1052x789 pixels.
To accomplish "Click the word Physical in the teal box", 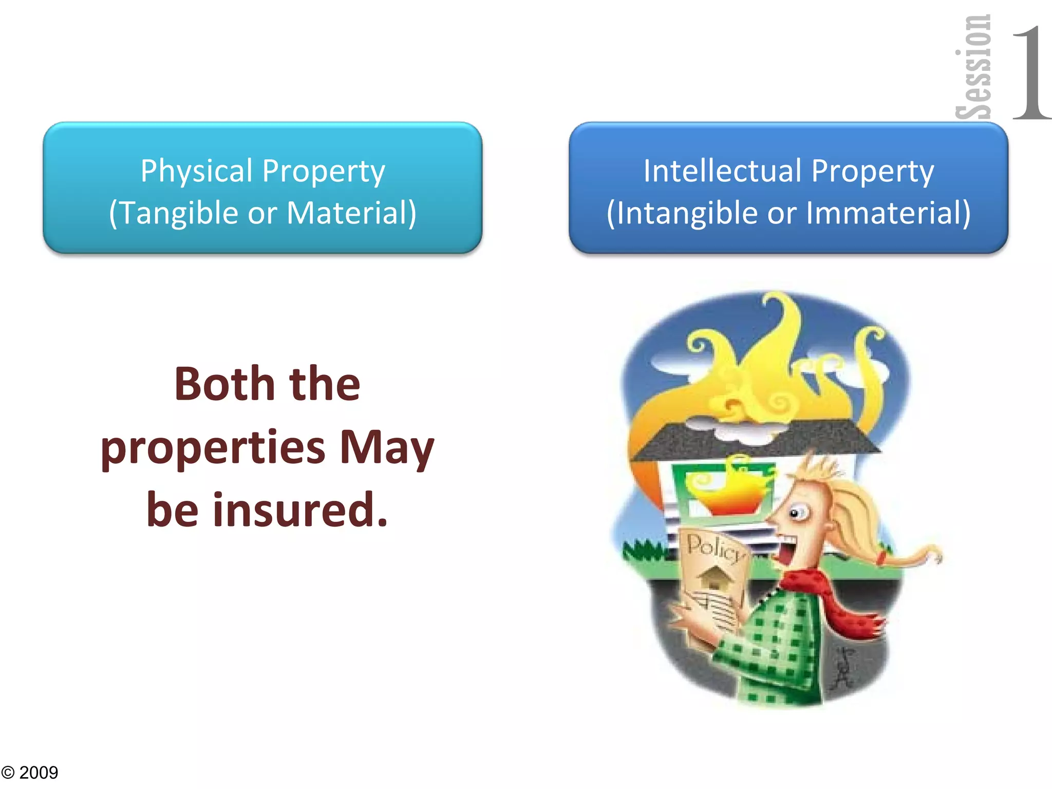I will coord(197,171).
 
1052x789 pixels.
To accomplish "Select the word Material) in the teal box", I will coord(351,213).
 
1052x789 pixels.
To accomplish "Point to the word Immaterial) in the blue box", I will coord(888,213).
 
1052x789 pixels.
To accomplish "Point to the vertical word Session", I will coord(973,67).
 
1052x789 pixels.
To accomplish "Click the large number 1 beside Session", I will coord(1030,72).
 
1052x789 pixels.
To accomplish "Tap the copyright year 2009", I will coord(39,773).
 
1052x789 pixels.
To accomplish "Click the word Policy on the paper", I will coord(715,548).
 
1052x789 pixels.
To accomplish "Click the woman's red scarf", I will coord(842,606).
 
